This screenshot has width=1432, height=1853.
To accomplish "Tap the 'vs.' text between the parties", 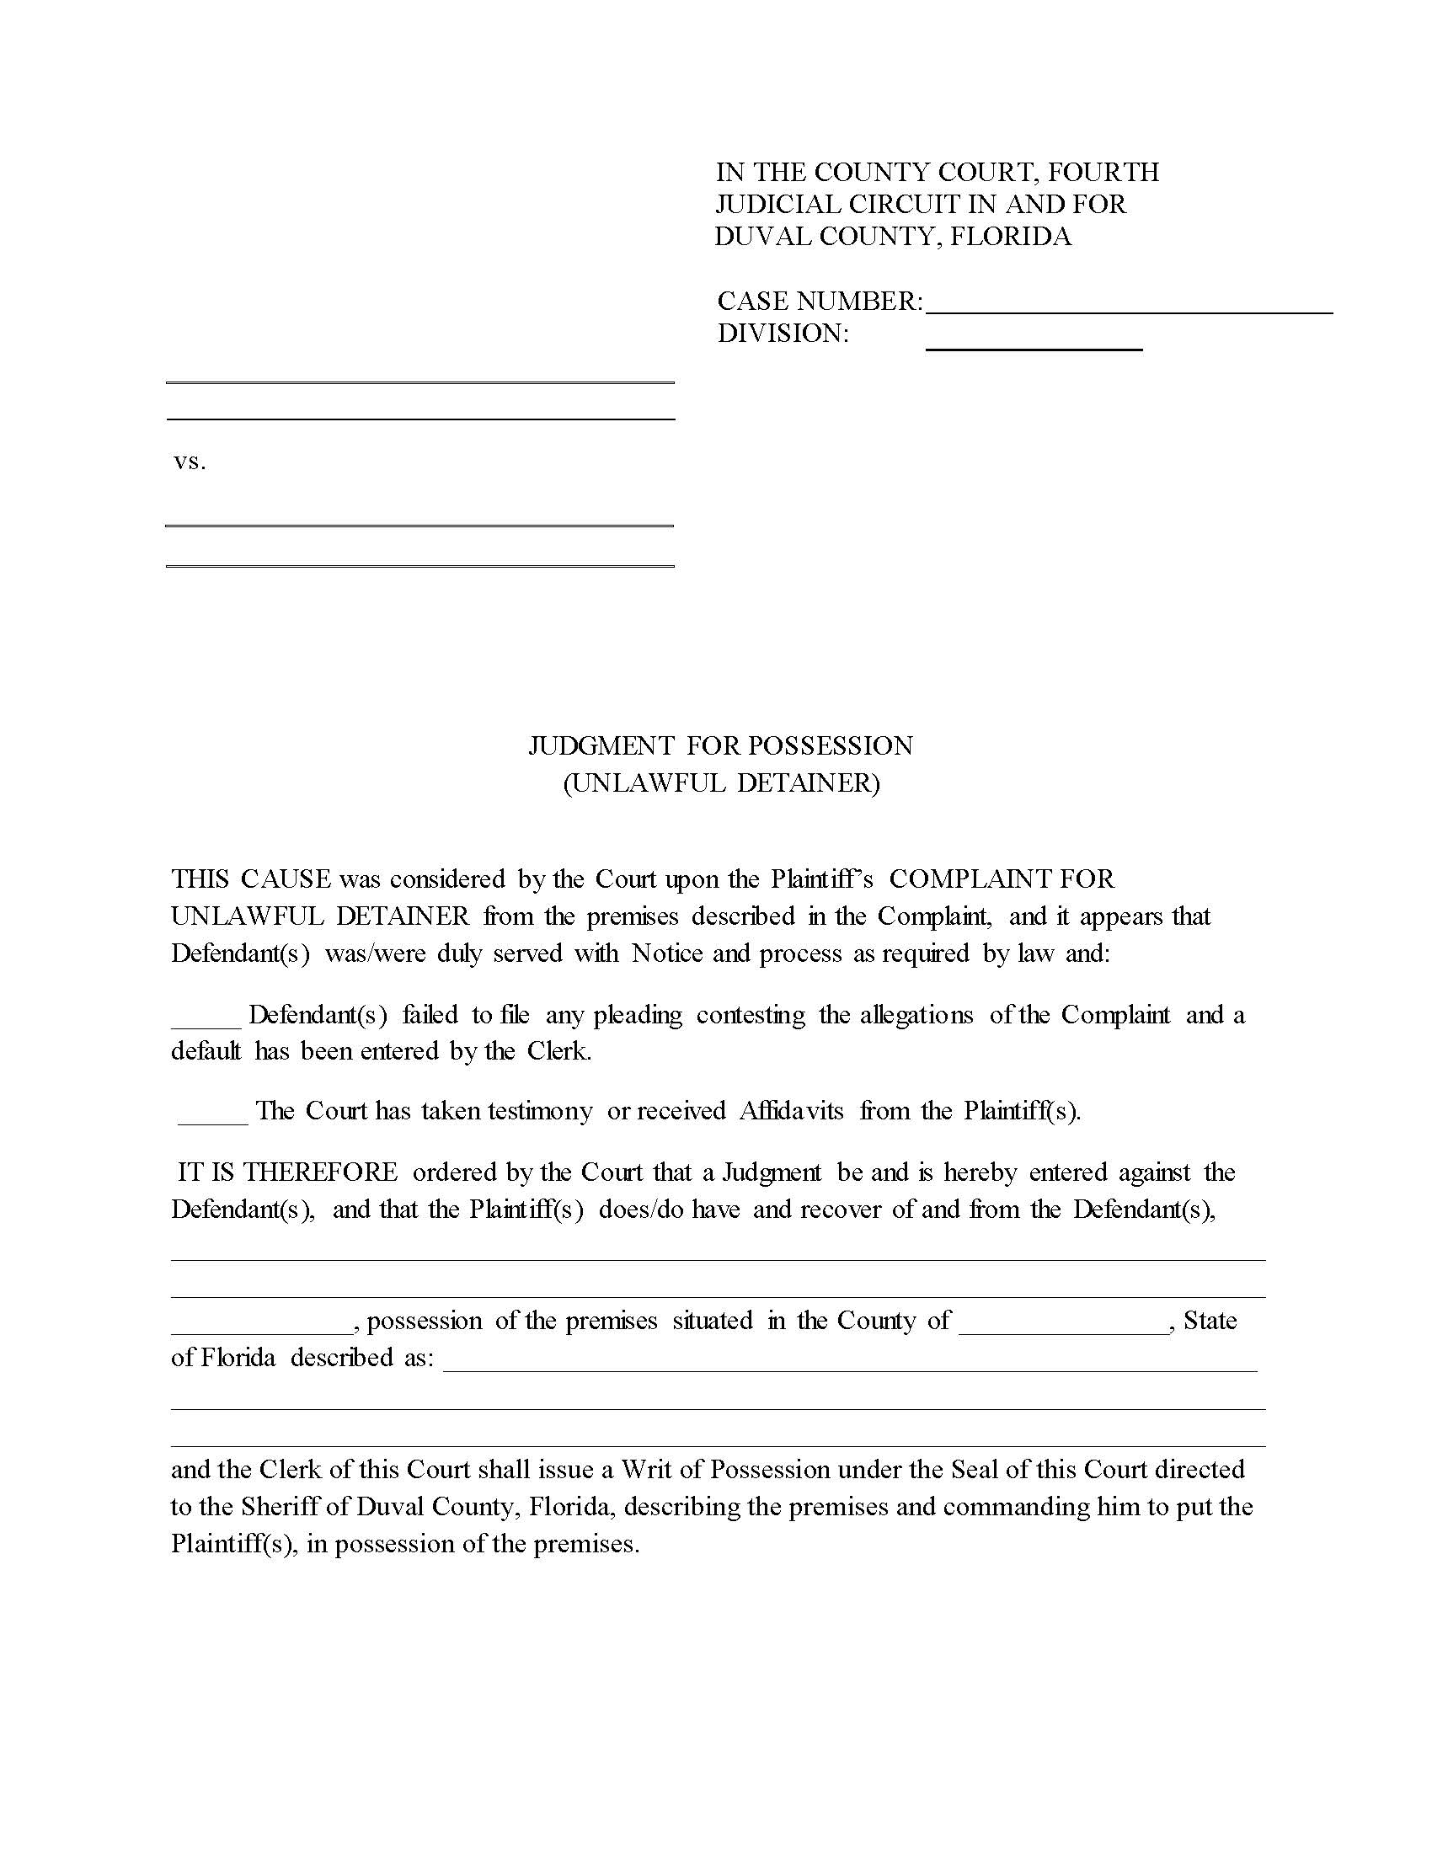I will coord(190,462).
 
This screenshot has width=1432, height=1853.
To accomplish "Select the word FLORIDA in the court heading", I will coord(1010,236).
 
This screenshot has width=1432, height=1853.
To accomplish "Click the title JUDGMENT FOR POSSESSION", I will coord(720,745).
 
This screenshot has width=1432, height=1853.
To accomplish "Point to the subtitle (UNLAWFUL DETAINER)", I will coord(720,782).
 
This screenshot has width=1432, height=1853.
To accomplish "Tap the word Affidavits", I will coord(792,1111).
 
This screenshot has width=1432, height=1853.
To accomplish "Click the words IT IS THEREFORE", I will coord(286,1172).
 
